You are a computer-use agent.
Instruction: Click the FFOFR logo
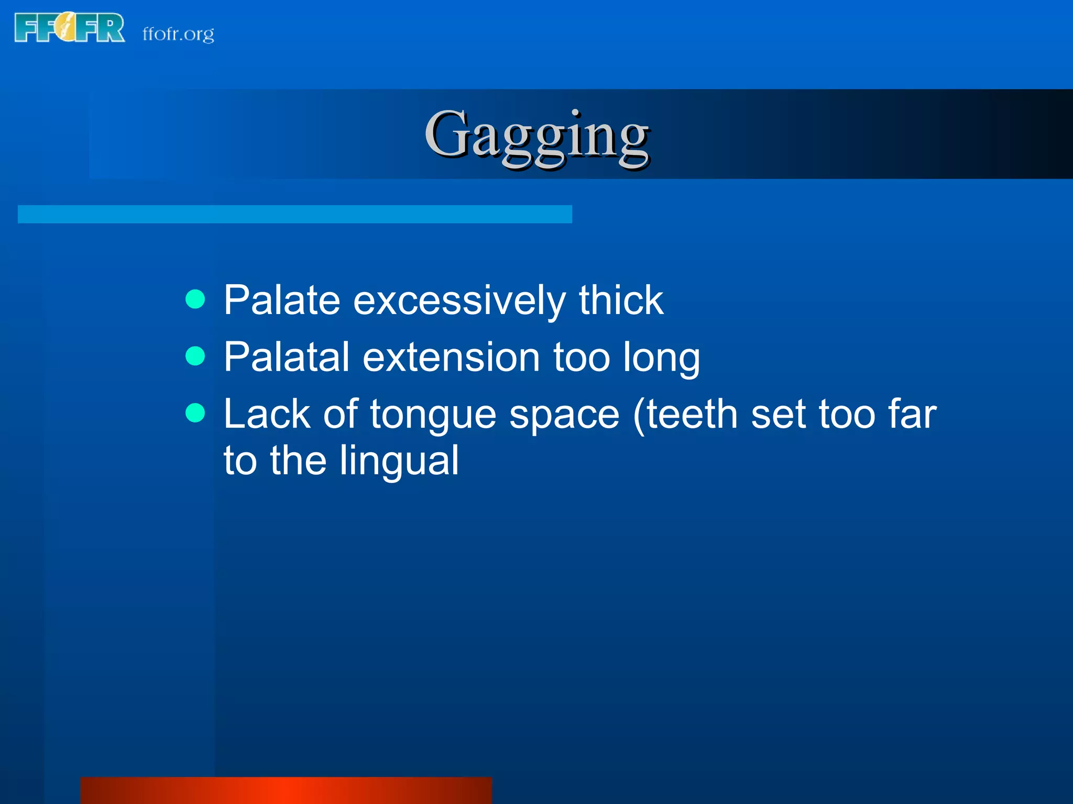pyautogui.click(x=70, y=28)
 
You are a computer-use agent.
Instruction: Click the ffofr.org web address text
pyautogui.click(x=178, y=34)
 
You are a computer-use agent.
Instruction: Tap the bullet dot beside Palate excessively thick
pyautogui.click(x=195, y=299)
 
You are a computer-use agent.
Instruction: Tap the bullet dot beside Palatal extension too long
pyautogui.click(x=195, y=356)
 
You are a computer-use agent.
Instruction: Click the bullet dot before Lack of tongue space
pyautogui.click(x=195, y=413)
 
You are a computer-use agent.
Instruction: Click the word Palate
pyautogui.click(x=282, y=300)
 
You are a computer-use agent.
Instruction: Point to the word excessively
pyautogui.click(x=459, y=301)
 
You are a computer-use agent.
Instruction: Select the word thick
pyautogui.click(x=621, y=300)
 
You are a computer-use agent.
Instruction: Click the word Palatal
pyautogui.click(x=287, y=357)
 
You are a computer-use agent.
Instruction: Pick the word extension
pyautogui.click(x=451, y=357)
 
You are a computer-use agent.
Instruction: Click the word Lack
pyautogui.click(x=267, y=414)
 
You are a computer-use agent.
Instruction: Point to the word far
pyautogui.click(x=912, y=414)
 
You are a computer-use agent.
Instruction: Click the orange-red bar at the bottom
pyautogui.click(x=286, y=790)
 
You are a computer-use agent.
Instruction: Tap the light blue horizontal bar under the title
pyautogui.click(x=294, y=214)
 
